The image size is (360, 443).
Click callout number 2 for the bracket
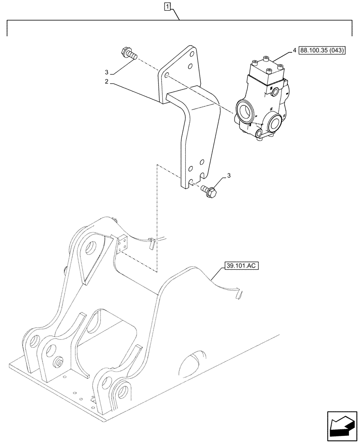point(106,82)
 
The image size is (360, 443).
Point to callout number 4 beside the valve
point(294,51)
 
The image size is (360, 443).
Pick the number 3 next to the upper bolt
point(106,72)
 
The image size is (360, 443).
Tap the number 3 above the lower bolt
point(228,176)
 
